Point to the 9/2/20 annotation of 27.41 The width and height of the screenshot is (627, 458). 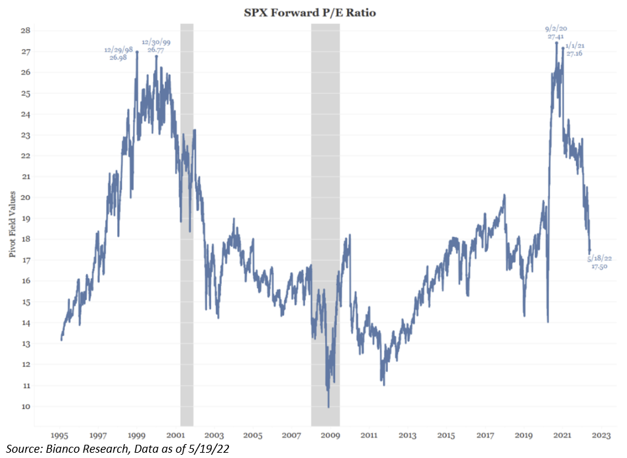[x=555, y=33]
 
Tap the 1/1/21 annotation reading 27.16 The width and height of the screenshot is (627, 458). [x=575, y=50]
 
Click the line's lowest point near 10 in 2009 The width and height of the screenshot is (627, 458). [x=328, y=407]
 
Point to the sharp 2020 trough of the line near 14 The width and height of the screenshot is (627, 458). [x=548, y=322]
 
